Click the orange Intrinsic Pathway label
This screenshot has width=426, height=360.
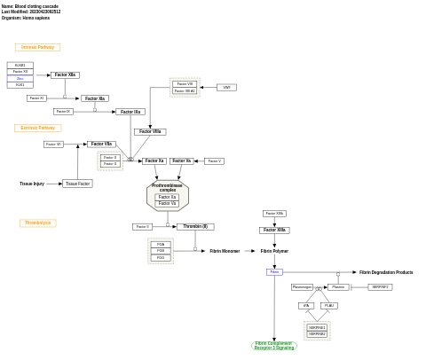pos(37,47)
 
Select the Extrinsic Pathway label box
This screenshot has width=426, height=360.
pos(37,128)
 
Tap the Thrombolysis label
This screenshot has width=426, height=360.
pos(37,223)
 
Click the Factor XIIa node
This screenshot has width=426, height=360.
pos(65,75)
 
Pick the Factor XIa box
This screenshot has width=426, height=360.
pos(95,98)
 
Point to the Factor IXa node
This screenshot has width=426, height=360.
pos(130,112)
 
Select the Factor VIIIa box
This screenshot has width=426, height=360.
pos(150,132)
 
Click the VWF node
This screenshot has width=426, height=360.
pos(226,88)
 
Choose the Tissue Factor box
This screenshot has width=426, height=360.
pos(77,184)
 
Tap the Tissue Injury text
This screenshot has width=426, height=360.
pos(32,184)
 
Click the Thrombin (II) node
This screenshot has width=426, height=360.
pos(195,227)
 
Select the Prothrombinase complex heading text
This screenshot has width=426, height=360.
pos(167,188)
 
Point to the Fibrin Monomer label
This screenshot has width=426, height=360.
pos(225,251)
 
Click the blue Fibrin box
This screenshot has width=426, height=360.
pos(274,272)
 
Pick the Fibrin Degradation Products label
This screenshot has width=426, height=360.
pos(386,272)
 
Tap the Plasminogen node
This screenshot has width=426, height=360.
pos(302,287)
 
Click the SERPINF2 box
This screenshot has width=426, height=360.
pos(380,287)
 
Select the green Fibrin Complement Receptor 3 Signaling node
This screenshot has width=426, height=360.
pos(274,346)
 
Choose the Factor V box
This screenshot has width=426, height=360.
pos(214,161)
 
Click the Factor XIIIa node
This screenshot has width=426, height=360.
pos(274,231)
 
